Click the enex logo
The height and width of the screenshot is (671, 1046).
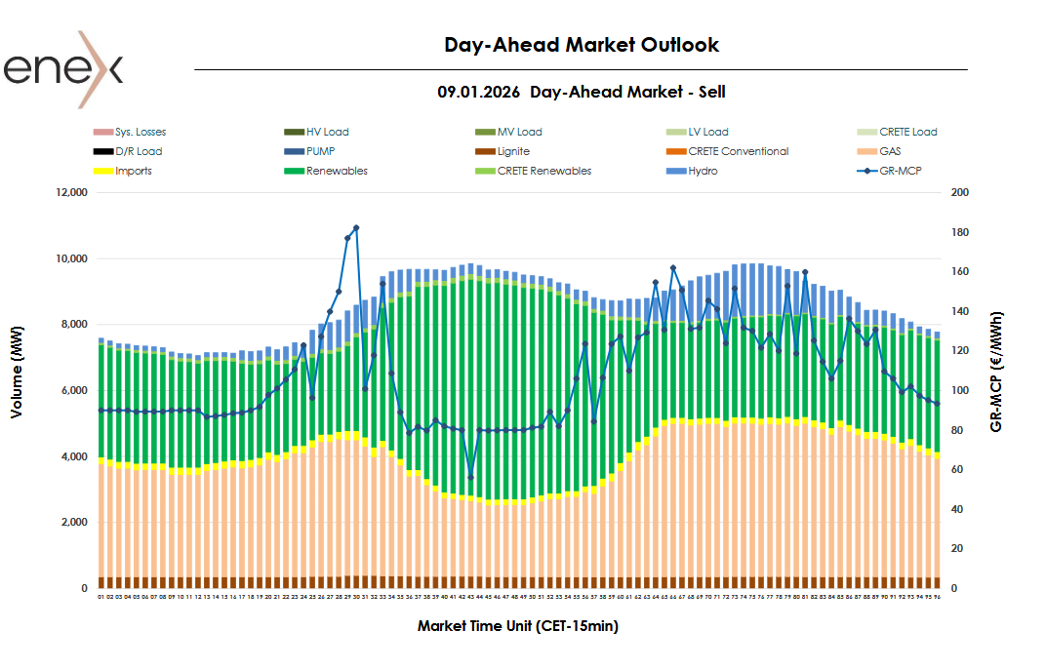point(63,69)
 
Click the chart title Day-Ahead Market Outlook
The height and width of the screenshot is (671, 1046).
point(582,45)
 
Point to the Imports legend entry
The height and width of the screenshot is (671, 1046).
point(133,171)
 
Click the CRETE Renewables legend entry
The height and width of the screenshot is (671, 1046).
point(543,171)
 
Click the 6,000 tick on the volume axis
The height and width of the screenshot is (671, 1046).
point(71,391)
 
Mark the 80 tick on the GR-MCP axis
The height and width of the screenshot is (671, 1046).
point(956,430)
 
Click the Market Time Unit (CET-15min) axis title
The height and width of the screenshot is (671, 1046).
point(517,626)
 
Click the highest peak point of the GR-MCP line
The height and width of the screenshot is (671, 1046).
point(356,227)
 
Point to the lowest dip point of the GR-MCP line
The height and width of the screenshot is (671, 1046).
point(470,477)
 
